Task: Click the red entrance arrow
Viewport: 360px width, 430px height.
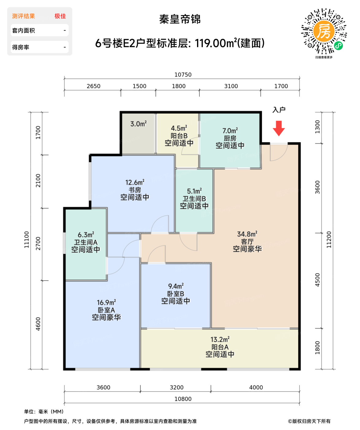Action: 279,128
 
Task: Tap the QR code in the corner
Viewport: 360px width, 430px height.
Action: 324,31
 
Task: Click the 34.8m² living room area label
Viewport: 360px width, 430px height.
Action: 247,234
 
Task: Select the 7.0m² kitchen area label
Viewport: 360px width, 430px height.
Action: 230,131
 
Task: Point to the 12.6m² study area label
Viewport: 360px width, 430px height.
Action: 135,182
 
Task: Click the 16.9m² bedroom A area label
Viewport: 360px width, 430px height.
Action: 106,303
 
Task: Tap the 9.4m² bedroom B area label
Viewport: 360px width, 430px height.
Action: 176,286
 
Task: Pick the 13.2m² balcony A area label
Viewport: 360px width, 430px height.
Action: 220,340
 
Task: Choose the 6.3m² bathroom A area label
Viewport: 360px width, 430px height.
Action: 86,235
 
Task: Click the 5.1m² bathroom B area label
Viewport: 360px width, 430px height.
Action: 194,191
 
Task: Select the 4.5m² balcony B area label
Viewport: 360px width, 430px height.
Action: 179,128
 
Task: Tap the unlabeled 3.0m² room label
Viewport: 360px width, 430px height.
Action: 138,124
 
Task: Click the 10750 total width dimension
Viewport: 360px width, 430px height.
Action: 183,75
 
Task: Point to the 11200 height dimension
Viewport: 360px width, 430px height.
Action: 329,240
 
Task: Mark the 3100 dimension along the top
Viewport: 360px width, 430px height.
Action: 231,86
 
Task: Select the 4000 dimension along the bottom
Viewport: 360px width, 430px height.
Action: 256,388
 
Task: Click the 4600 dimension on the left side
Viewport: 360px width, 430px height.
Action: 38,324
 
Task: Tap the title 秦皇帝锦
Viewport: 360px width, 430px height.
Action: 180,19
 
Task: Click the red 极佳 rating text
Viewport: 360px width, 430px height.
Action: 60,16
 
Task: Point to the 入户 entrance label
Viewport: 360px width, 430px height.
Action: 279,110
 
